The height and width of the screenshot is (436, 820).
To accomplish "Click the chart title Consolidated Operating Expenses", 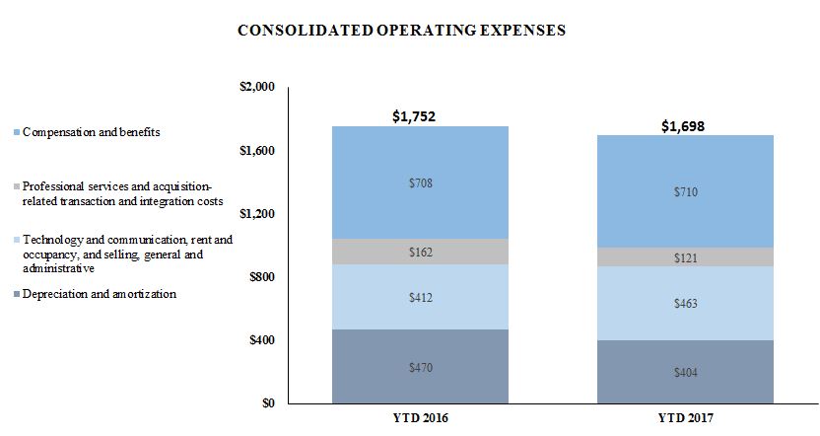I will [401, 31].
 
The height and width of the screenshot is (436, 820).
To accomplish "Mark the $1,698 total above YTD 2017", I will [681, 126].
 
